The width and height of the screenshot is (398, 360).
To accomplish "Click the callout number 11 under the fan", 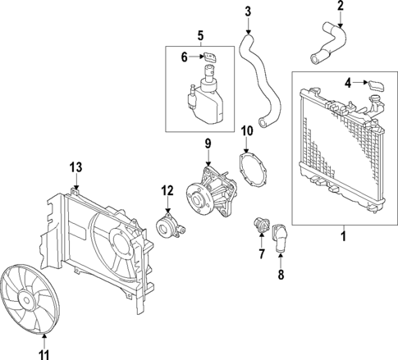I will (x=44, y=354).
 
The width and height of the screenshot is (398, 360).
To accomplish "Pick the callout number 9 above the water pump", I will (x=208, y=144).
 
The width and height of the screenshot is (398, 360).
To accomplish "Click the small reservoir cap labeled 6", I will (x=209, y=57).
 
